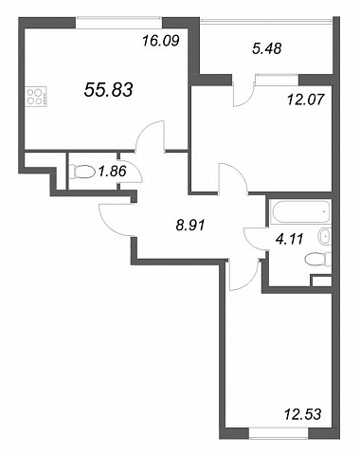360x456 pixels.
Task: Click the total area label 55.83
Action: (108, 89)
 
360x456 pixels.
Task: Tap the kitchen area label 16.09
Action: (161, 41)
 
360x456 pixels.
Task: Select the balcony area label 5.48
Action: (267, 48)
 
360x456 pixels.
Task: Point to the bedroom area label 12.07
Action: (306, 100)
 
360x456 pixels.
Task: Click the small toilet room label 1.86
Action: (112, 172)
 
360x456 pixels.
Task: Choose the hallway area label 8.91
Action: (190, 226)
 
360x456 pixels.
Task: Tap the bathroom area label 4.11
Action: (289, 239)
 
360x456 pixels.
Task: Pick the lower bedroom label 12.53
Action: (303, 414)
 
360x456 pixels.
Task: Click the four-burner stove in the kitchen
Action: (36, 96)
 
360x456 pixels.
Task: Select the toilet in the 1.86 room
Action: (82, 172)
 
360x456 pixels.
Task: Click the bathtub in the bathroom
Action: (300, 212)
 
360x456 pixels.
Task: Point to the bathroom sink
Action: (324, 236)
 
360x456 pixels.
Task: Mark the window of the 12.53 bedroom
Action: (279, 434)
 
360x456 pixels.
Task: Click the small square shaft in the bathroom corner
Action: (321, 281)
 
